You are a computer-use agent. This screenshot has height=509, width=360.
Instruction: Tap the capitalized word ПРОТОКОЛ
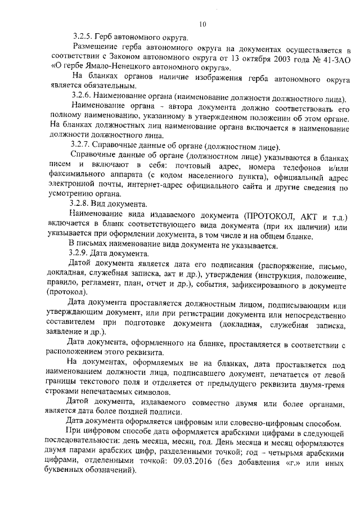tap(269, 217)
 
